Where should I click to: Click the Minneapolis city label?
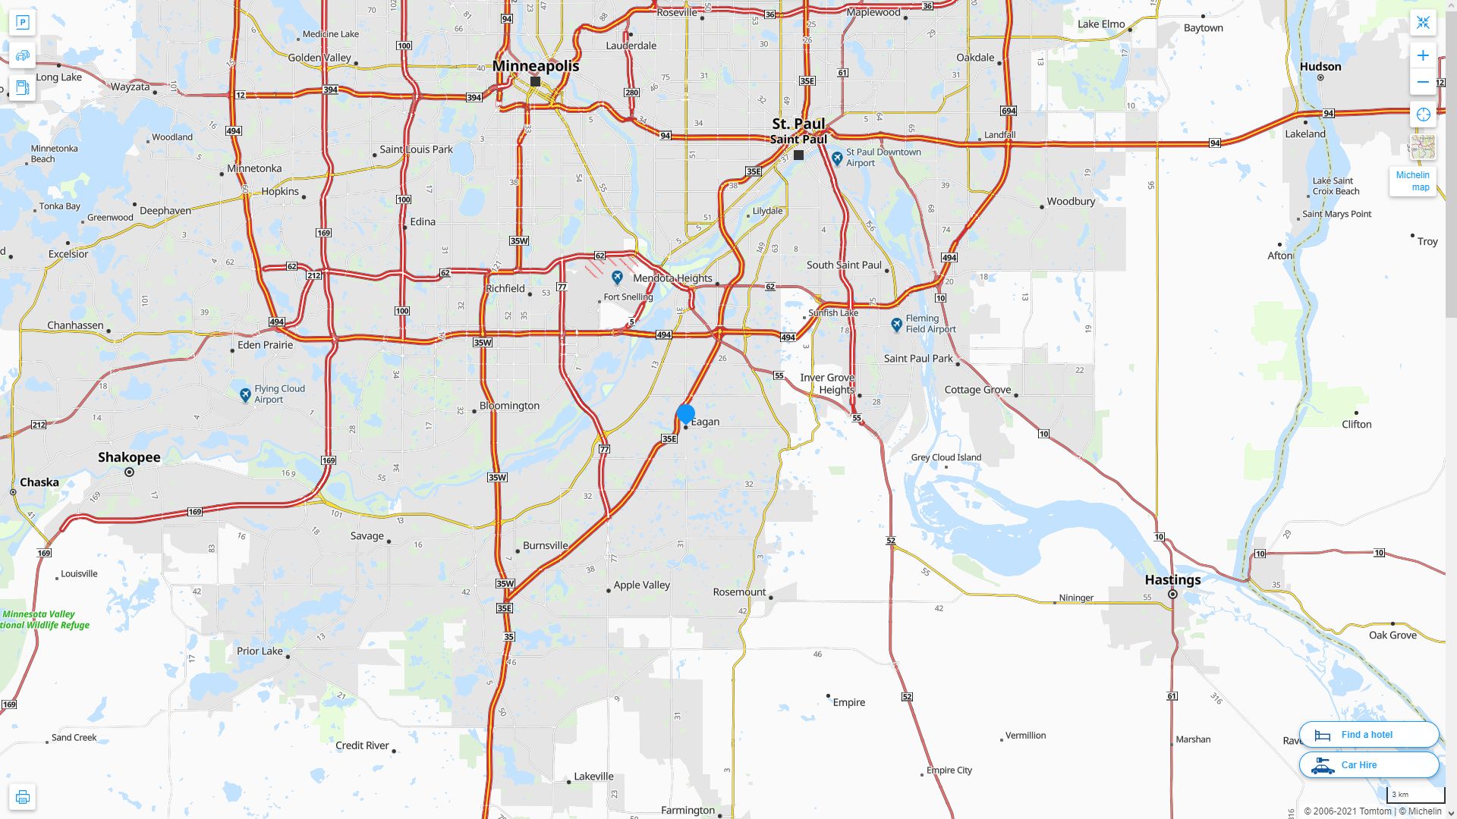535,66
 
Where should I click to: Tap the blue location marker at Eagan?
686,414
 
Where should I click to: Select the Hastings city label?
1172,580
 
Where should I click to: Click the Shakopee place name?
129,457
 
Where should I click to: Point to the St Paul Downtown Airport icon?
837,158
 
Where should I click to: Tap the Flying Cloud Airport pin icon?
245,395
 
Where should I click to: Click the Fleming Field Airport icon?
896,325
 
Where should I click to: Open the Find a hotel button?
1368,735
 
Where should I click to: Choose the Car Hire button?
1368,765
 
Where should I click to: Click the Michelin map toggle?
1412,181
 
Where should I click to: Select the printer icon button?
22,797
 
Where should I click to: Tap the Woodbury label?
1071,202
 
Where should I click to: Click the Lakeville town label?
593,777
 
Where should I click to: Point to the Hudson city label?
1320,67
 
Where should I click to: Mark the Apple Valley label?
641,585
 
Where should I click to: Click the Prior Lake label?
260,651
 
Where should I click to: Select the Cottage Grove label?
977,390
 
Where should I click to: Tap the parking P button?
22,23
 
